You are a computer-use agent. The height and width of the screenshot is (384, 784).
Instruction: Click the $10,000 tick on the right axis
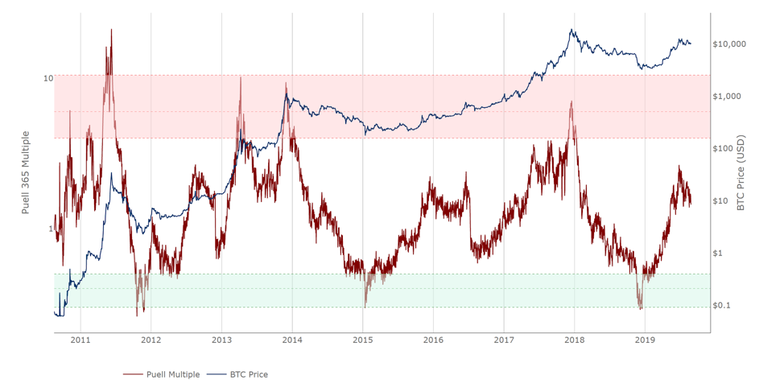point(730,44)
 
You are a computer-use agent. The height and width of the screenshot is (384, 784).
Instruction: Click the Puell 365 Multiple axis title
point(26,172)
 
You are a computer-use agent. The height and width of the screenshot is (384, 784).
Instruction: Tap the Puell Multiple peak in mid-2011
point(111,30)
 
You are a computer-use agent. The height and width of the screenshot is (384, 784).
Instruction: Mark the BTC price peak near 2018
point(571,31)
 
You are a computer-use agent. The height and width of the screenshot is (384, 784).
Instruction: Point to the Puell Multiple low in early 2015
point(365,305)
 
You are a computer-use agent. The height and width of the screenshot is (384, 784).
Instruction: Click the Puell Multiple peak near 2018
point(571,102)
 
